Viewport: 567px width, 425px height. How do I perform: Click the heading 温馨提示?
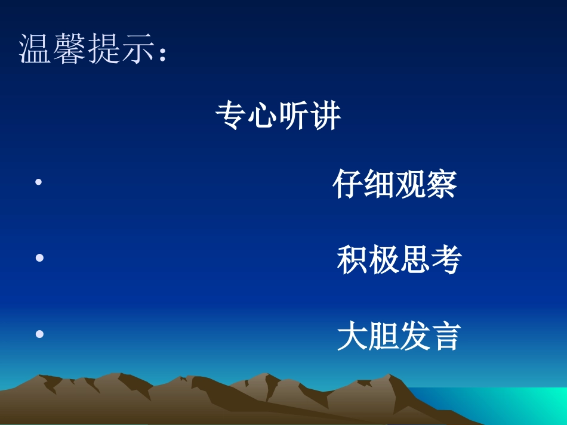click(x=93, y=49)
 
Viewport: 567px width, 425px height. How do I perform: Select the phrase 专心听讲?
click(x=278, y=116)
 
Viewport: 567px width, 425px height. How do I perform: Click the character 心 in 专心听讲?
click(x=263, y=116)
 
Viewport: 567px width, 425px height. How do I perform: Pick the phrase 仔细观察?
click(x=395, y=184)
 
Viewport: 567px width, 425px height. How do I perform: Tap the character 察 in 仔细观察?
click(x=442, y=184)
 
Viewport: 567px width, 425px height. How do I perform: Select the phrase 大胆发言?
click(x=399, y=336)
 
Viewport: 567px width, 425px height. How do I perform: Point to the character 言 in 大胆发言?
click(x=445, y=336)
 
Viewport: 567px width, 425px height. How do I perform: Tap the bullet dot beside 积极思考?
click(x=40, y=258)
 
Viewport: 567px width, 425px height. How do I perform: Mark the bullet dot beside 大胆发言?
click(x=40, y=334)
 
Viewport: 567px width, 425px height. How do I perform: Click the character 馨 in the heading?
click(x=70, y=49)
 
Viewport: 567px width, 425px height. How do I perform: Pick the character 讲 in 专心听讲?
click(x=326, y=116)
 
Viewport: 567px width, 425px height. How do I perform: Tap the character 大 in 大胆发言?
click(x=352, y=336)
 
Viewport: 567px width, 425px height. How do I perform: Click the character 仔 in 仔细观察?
click(x=348, y=184)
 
